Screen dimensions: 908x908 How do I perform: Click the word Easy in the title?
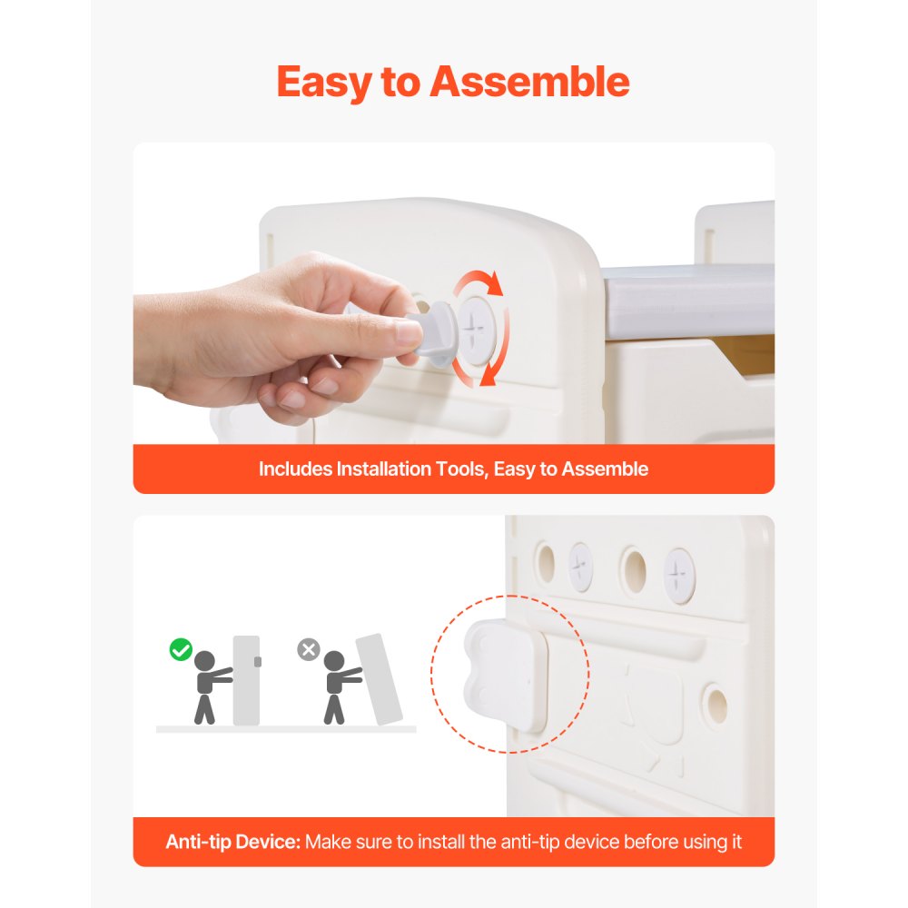325,82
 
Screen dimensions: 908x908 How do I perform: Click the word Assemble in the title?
530,82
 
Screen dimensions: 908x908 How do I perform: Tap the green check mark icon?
181,650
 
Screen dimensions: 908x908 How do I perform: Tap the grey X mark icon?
309,650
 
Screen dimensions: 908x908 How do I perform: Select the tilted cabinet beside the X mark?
378,677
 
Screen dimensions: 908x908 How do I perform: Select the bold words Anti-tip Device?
232,842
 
